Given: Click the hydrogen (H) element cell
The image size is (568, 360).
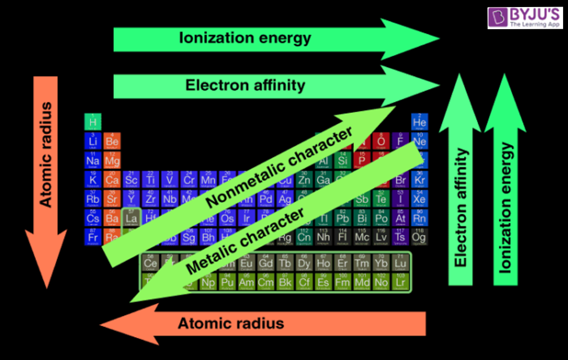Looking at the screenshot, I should pos(93,122).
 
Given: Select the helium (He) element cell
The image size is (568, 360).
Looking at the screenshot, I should pos(419,122).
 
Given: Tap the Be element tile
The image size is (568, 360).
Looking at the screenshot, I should pos(112,141).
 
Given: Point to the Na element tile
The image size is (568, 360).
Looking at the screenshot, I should pos(93,160).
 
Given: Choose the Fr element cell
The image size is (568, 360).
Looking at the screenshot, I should pos(93,237).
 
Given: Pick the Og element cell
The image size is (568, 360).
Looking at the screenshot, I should pos(419,237).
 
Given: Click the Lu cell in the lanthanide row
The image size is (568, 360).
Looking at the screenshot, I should pos(400,263).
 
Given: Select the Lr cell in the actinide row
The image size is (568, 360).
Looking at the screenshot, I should pos(400,282).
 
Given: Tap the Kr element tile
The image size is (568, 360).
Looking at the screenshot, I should pos(419,179).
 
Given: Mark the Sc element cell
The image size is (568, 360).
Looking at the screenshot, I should pos(131,179).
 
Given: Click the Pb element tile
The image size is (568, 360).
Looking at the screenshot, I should pos(342,218).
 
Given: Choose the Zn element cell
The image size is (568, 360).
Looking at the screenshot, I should pos(304,179).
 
